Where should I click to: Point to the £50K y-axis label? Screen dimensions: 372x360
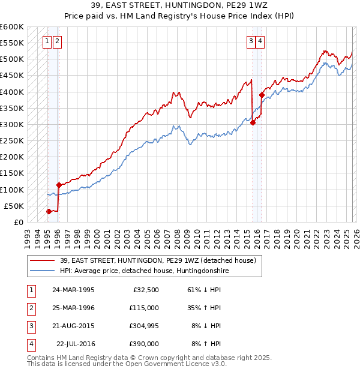(x=14, y=206)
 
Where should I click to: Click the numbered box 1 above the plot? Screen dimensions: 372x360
(x=47, y=41)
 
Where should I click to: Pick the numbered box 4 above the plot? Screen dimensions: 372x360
(x=260, y=41)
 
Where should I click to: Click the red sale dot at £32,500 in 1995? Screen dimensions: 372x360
(x=49, y=211)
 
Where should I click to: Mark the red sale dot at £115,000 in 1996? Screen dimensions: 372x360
(x=59, y=185)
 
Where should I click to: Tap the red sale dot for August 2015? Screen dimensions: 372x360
(x=253, y=123)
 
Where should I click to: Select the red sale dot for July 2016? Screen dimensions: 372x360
(x=262, y=95)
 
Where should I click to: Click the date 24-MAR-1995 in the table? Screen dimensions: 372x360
(x=73, y=290)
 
